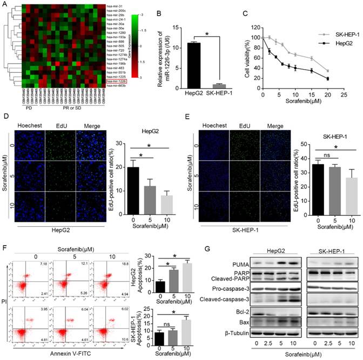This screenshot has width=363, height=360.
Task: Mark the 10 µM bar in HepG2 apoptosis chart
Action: [173, 274]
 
